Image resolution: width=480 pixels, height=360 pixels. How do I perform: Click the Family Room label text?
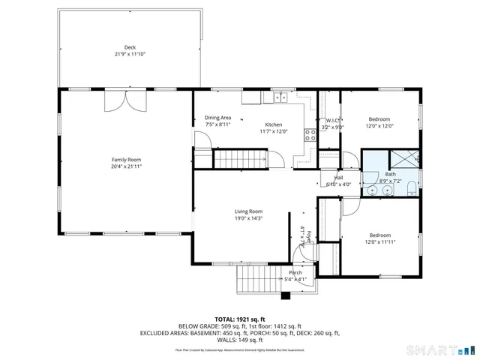point(126,160)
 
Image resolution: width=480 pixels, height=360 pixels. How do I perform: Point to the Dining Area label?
point(217,118)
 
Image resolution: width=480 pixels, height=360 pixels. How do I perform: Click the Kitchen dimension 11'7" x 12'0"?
point(272,132)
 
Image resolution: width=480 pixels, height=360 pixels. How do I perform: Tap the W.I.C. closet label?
point(334,120)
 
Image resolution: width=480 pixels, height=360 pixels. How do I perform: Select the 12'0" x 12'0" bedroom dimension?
point(380,126)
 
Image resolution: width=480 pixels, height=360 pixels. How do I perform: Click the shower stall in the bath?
point(403,158)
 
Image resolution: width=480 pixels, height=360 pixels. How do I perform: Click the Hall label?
point(339,178)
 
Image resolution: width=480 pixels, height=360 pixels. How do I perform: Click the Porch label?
point(295,272)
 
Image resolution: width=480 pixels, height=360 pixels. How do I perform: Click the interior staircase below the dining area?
point(241,158)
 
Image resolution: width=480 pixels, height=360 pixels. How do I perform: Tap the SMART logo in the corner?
point(440,349)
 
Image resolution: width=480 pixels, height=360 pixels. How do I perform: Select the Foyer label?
point(308,241)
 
